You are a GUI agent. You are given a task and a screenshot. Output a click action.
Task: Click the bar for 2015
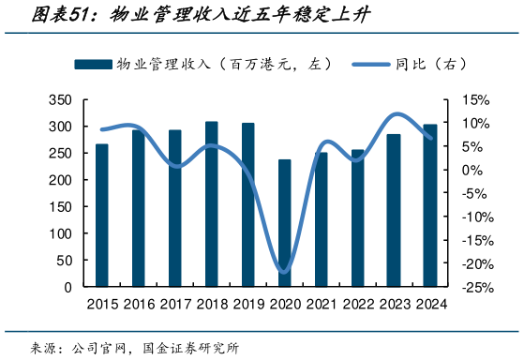point(101,216)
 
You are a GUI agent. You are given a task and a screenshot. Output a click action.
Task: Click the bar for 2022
point(357,218)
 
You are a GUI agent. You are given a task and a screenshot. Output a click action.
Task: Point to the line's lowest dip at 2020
point(284,272)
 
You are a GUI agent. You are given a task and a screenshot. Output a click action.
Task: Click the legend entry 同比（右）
point(412,64)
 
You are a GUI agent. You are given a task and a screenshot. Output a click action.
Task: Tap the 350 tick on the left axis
point(59,99)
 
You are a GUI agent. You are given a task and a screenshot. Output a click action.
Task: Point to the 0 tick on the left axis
point(67,288)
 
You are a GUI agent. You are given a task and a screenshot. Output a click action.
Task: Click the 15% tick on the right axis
point(475,99)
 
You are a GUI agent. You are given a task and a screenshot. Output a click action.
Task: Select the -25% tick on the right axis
point(476,288)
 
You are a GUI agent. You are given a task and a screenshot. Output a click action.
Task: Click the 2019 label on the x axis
point(247,304)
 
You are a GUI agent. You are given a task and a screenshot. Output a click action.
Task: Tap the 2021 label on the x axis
point(321,304)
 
